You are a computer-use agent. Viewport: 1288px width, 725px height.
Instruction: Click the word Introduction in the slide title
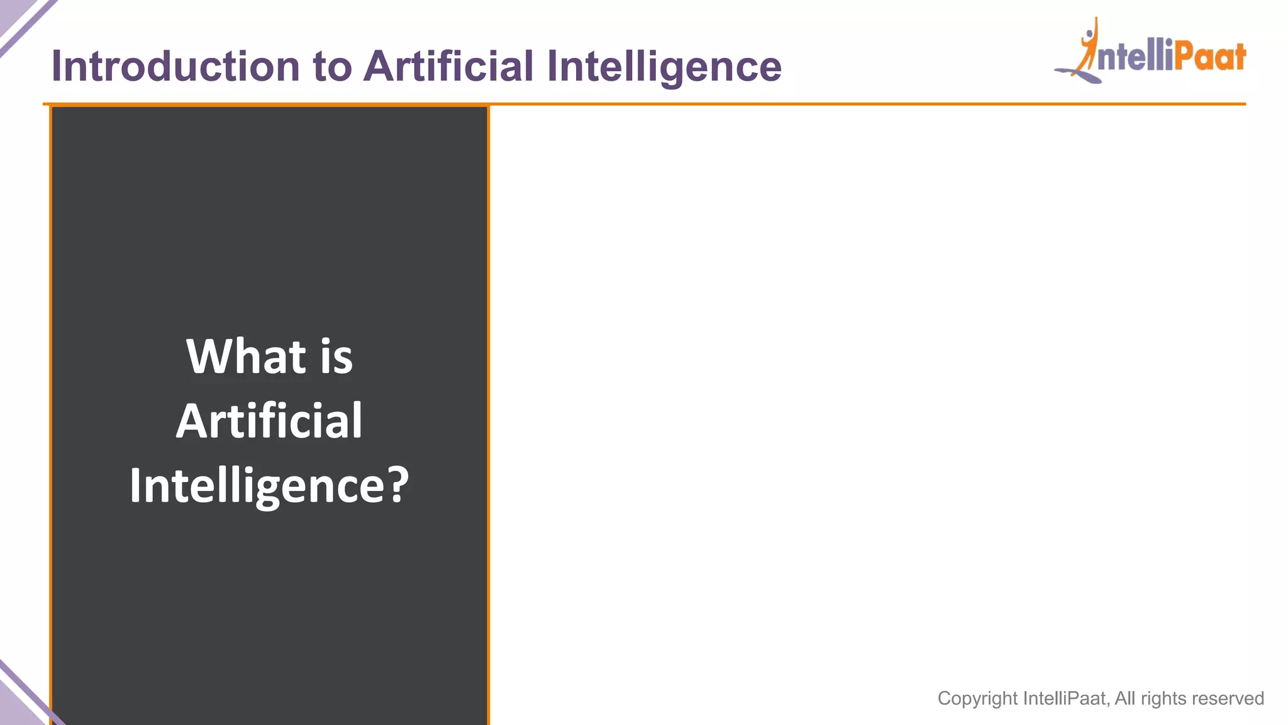(175, 66)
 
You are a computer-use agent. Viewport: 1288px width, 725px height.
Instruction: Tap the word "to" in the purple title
(331, 66)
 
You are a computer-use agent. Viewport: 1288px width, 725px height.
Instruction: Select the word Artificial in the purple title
(448, 66)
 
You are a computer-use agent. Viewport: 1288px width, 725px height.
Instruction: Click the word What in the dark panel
(246, 356)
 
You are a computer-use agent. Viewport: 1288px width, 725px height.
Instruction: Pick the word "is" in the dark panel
(336, 356)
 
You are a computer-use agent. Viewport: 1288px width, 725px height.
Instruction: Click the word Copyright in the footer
(977, 699)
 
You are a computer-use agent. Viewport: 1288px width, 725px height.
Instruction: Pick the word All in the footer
(1124, 699)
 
